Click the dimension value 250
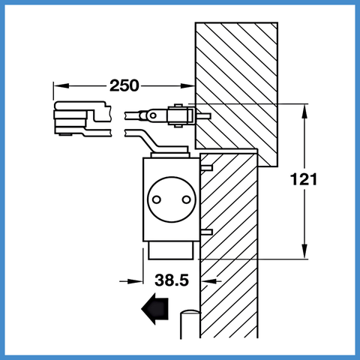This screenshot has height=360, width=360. click(124, 85)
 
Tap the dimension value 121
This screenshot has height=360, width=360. click(304, 179)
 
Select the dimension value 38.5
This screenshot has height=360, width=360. click(172, 280)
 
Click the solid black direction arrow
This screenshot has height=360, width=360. click(154, 309)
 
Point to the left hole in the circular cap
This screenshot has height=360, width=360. click(157, 199)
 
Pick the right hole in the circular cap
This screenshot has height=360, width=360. click(186, 199)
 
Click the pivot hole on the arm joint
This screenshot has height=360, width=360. click(153, 115)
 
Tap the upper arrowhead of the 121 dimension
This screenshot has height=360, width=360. click(304, 111)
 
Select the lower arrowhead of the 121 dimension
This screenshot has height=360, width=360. click(304, 251)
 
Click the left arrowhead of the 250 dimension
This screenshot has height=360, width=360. click(61, 85)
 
